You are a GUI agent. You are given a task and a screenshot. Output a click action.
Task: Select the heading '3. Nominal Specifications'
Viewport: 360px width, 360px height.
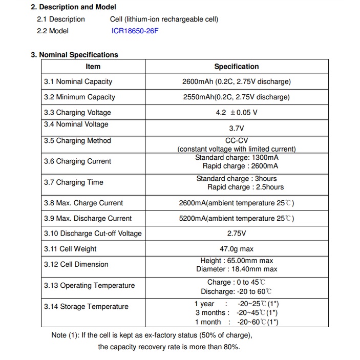(75, 55)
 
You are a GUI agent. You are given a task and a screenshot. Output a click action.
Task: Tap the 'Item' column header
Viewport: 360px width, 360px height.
(93, 67)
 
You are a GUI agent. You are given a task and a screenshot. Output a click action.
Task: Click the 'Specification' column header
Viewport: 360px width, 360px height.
(236, 67)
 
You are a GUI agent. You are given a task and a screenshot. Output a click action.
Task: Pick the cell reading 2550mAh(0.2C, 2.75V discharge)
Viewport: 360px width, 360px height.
(236, 97)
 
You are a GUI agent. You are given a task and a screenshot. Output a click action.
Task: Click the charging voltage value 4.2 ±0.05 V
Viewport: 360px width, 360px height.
(236, 113)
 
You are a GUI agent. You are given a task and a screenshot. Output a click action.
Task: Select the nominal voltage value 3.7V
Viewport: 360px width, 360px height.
(236, 129)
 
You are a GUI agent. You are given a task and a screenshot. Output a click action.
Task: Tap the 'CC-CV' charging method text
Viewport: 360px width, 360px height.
(236, 141)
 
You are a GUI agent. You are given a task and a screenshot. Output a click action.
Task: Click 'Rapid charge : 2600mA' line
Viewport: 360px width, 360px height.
(240, 166)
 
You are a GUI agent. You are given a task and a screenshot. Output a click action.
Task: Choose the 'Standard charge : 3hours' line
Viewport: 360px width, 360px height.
(236, 179)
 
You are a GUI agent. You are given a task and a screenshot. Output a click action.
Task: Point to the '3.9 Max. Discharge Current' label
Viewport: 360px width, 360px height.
(88, 218)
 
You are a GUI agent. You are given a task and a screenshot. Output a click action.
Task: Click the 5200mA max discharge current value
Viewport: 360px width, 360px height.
(236, 218)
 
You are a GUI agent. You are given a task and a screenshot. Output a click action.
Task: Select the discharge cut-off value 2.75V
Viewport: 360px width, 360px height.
(236, 234)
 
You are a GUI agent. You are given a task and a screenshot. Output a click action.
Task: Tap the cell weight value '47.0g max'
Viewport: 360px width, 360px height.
(236, 249)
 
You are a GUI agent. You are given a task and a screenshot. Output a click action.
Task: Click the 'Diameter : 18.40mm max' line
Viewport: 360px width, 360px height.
(236, 269)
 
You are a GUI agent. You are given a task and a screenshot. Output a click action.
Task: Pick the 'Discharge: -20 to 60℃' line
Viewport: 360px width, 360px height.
(236, 291)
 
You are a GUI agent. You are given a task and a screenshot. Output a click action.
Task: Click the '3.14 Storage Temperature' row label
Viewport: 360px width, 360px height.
(86, 307)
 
